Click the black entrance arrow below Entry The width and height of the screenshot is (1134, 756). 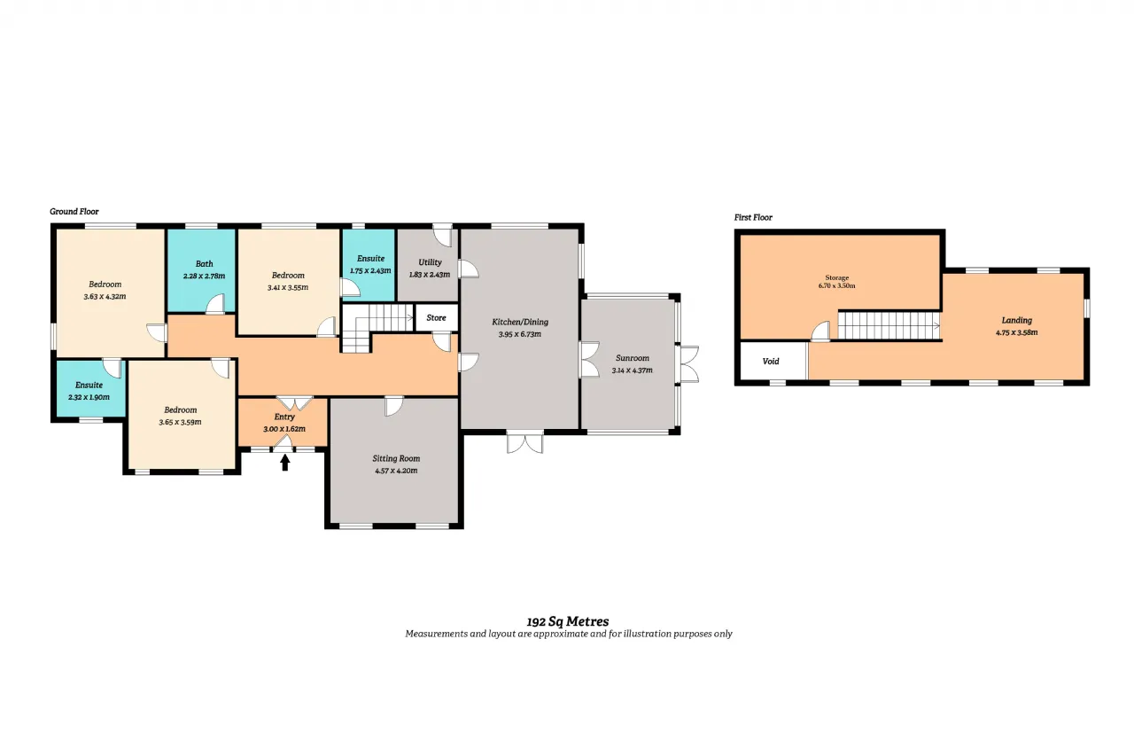point(285,463)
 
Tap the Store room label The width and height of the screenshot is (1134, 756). point(436,318)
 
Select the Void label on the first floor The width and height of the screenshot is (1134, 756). point(771,362)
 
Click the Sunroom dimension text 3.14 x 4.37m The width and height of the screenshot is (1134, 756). point(632,370)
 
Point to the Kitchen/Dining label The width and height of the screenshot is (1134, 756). point(520,322)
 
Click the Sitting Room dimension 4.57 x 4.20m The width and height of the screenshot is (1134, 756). point(396,471)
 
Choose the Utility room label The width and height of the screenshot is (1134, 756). point(430,262)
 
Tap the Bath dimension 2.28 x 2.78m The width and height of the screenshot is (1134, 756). point(204,276)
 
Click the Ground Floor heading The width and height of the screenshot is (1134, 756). point(74,212)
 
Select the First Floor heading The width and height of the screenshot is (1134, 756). point(753,218)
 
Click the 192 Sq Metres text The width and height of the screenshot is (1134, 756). point(568,621)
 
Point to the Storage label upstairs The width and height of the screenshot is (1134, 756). point(837,277)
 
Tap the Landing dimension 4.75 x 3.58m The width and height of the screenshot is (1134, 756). point(1016,332)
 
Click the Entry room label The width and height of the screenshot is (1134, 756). point(284,417)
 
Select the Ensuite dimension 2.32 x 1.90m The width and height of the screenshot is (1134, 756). point(89,397)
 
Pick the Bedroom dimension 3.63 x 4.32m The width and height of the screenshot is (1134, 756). point(105,297)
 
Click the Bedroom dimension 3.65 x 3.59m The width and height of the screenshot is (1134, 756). point(180,422)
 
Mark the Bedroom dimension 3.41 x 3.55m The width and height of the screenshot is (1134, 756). point(288,288)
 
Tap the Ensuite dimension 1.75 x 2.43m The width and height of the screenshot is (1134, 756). point(370,271)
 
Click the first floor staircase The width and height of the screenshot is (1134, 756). point(889,325)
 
